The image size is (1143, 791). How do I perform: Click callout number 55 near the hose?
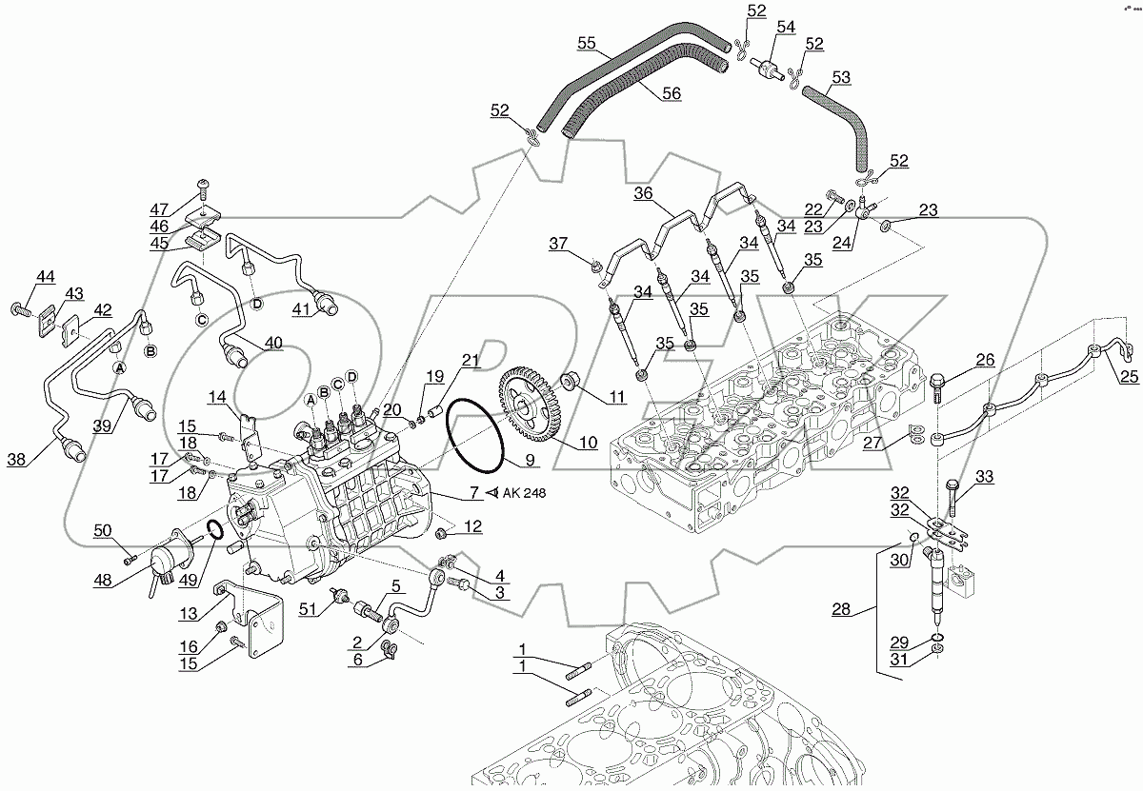[x=586, y=43]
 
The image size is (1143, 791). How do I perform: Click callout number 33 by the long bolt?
[x=984, y=476]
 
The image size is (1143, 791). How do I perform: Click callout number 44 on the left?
[x=45, y=276]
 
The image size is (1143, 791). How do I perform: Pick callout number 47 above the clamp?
[x=157, y=209]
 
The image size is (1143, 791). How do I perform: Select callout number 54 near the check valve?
[x=784, y=29]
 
